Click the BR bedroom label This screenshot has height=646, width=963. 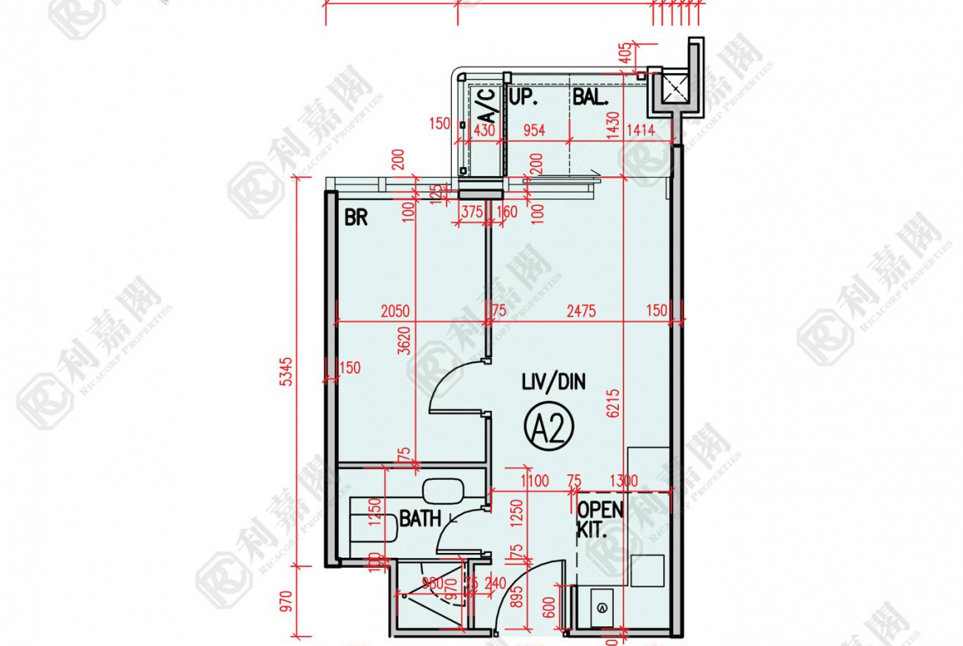(x=356, y=218)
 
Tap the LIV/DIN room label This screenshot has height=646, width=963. (x=554, y=382)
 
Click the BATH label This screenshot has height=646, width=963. (x=420, y=518)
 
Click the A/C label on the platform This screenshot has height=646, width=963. (x=486, y=106)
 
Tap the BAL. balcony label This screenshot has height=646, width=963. (x=590, y=97)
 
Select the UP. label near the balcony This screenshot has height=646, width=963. (x=523, y=97)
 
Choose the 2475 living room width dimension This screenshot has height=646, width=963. (x=581, y=311)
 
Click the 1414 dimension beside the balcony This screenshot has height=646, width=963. (x=640, y=129)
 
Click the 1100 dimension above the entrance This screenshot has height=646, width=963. (x=536, y=481)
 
